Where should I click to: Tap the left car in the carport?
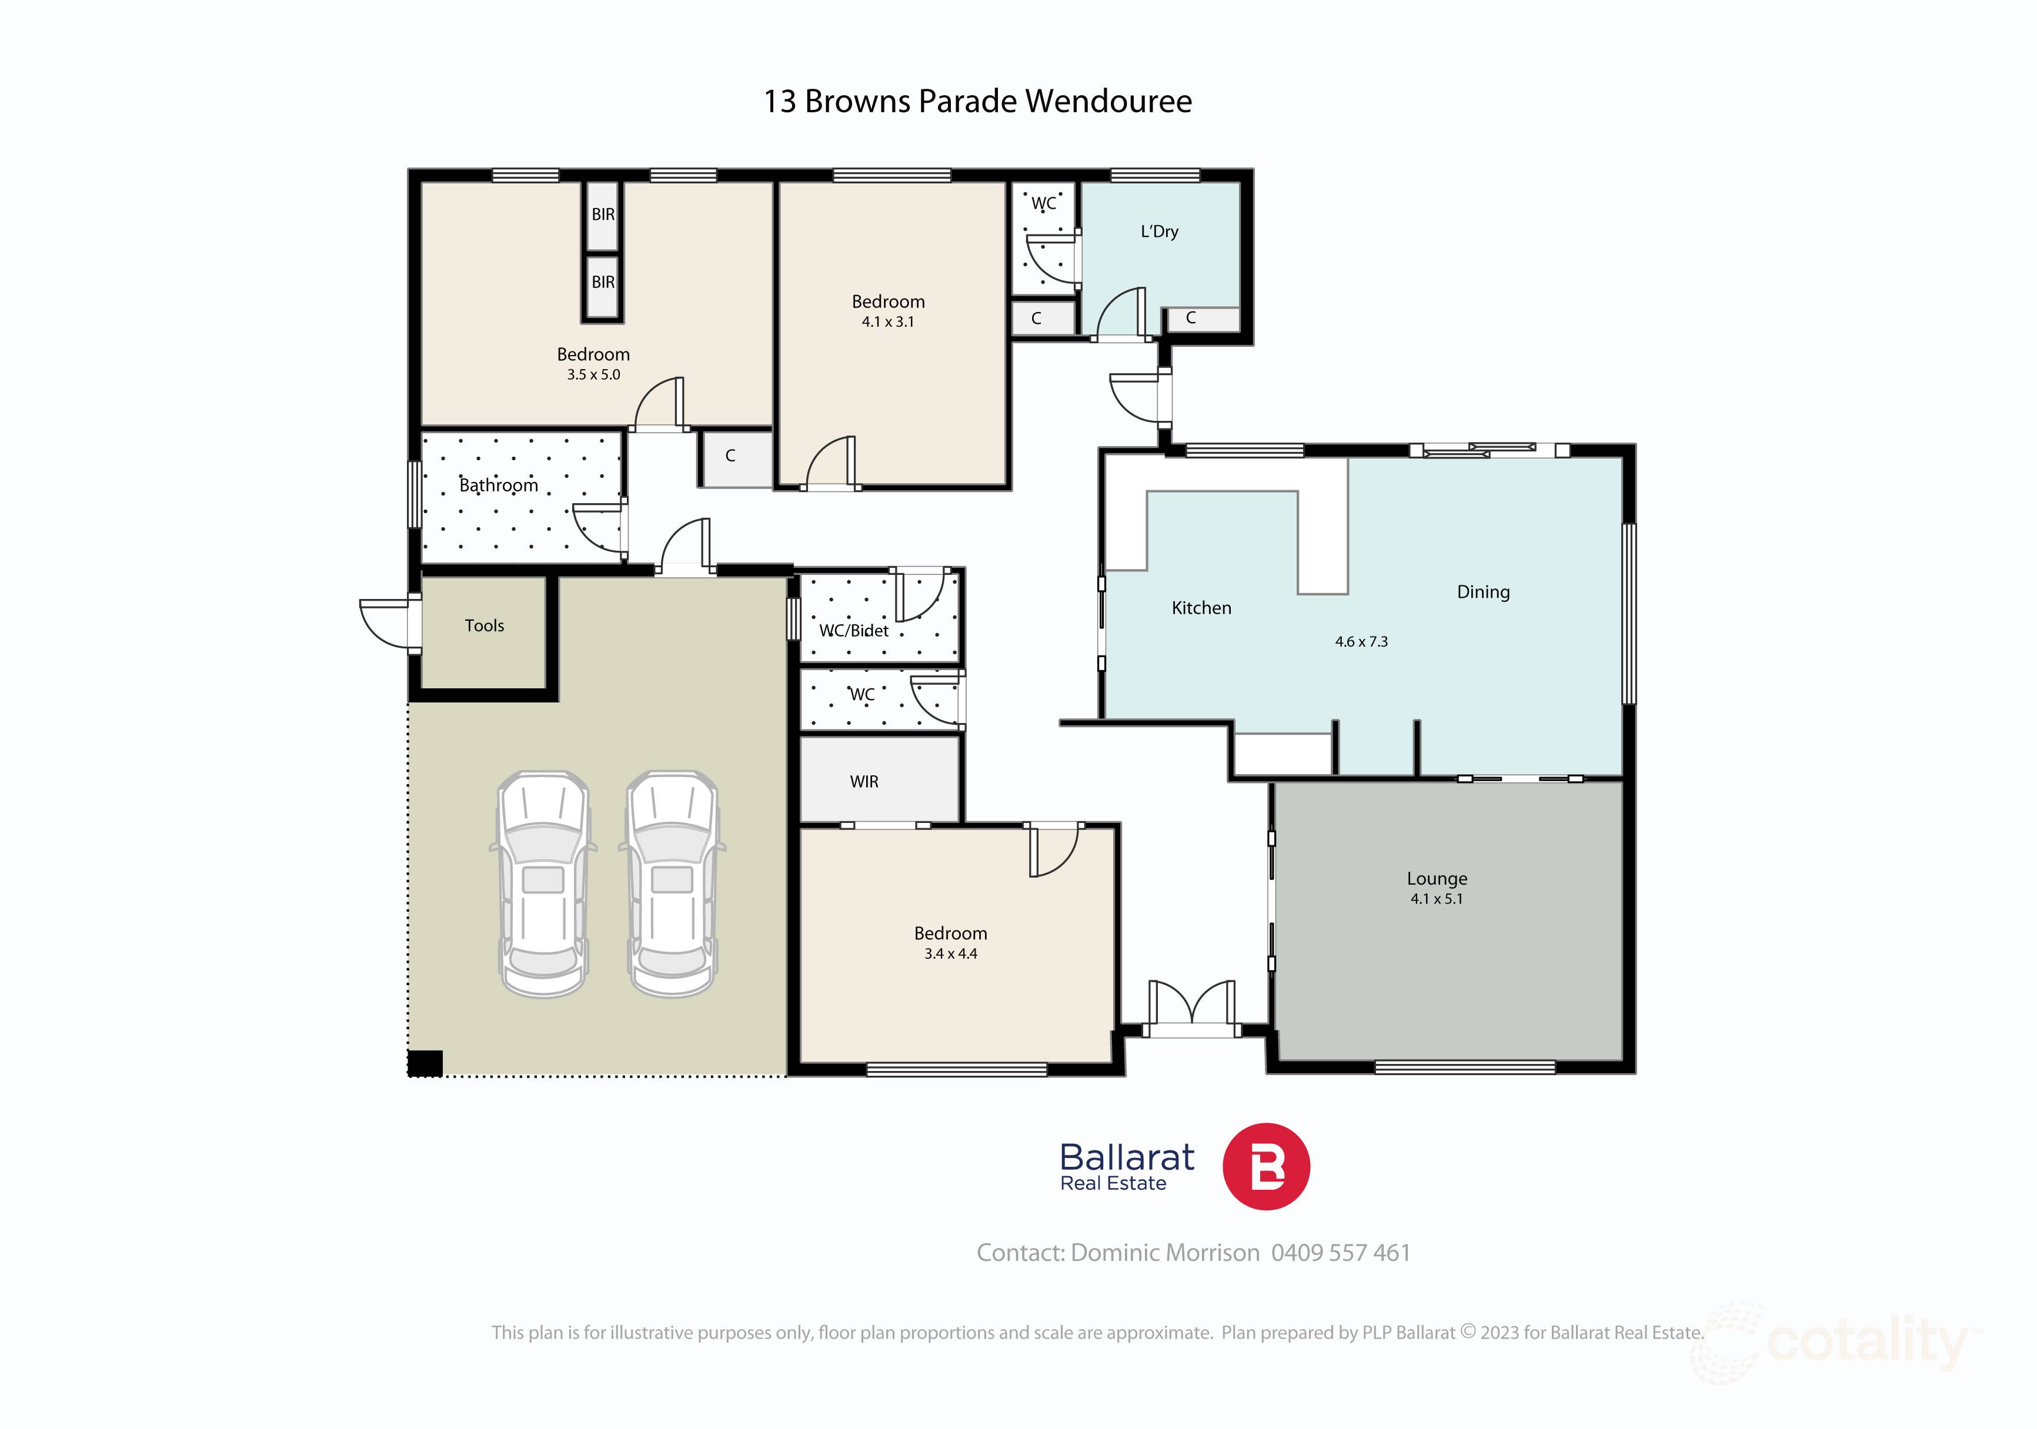pyautogui.click(x=543, y=882)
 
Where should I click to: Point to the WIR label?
pyautogui.click(x=863, y=781)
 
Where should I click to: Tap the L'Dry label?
pyautogui.click(x=1158, y=232)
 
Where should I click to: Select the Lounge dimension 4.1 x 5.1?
pyautogui.click(x=1437, y=899)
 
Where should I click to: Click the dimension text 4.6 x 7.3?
pyautogui.click(x=1361, y=641)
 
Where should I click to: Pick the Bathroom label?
pyautogui.click(x=499, y=485)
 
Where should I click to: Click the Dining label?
pyautogui.click(x=1482, y=592)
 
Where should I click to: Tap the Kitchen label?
pyautogui.click(x=1201, y=608)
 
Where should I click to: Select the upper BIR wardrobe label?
pyautogui.click(x=603, y=215)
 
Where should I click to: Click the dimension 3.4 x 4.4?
pyautogui.click(x=950, y=953)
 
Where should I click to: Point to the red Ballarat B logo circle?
pyautogui.click(x=1266, y=1166)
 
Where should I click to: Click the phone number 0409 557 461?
pyautogui.click(x=1341, y=1253)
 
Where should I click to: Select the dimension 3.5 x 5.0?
pyautogui.click(x=593, y=374)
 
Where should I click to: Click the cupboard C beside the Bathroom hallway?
pyautogui.click(x=730, y=456)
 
